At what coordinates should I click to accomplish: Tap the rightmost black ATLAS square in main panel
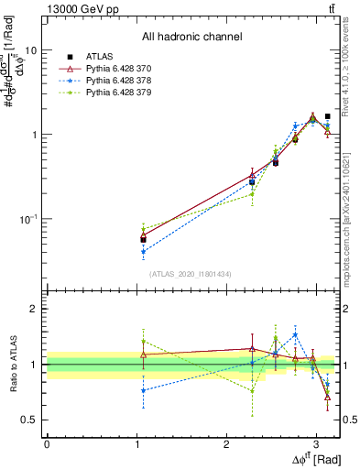(x=327, y=116)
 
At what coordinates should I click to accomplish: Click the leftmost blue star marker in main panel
(x=143, y=251)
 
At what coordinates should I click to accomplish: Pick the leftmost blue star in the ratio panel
(x=143, y=390)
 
